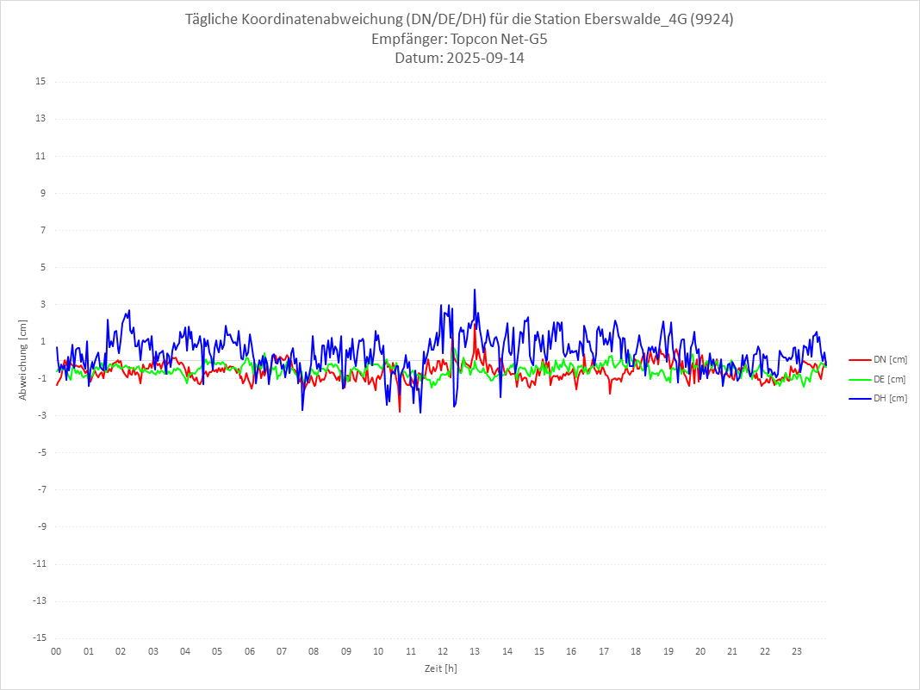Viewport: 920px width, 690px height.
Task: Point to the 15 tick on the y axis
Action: [40, 82]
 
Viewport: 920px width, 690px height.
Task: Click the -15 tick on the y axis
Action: [39, 638]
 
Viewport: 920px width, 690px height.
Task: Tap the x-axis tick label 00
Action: [56, 652]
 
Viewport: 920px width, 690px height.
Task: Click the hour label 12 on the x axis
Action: [443, 652]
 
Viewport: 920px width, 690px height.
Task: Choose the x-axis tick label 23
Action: [797, 652]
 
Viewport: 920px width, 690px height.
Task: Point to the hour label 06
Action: [249, 652]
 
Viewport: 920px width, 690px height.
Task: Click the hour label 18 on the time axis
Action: [636, 652]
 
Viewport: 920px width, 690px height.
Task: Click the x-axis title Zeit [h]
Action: [440, 668]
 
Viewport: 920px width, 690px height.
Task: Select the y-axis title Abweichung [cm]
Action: [23, 359]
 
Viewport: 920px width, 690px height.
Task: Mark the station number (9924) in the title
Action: [711, 20]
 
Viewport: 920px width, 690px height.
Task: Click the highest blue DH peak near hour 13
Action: [475, 290]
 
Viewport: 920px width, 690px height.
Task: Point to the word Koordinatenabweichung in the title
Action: [326, 20]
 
